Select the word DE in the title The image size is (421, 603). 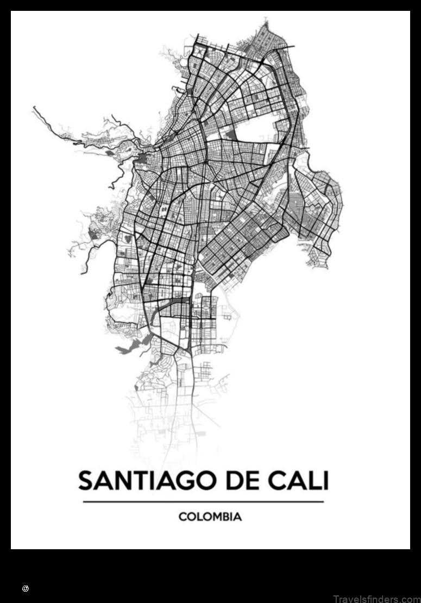tap(238, 481)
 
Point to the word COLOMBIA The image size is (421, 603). tap(210, 517)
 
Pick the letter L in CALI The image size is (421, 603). tap(315, 481)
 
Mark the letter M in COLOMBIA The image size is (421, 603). tap(212, 517)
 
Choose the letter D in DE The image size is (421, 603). tap(230, 481)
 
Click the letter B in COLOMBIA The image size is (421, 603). tap(223, 517)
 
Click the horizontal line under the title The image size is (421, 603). tap(203, 501)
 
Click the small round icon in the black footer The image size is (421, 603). tap(25, 588)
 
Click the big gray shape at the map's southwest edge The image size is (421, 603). tap(130, 344)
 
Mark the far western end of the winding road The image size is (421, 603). tap(34, 107)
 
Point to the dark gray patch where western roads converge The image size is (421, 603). tap(142, 159)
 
